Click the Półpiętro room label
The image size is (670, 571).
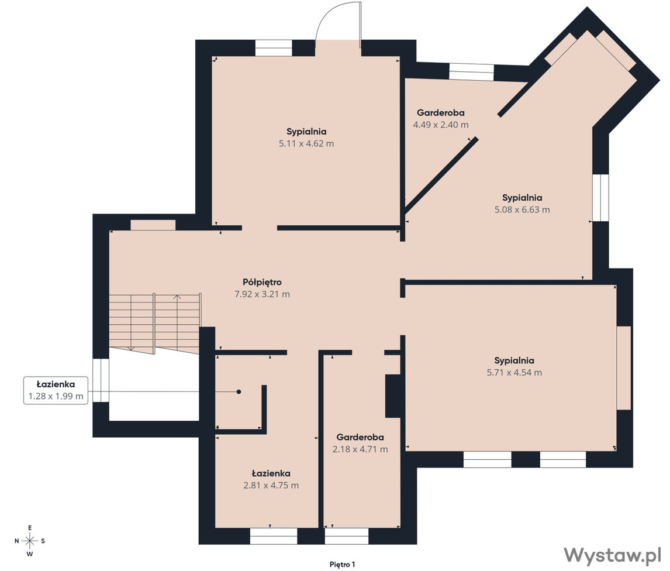[262, 283]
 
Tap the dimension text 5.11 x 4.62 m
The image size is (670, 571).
[306, 144]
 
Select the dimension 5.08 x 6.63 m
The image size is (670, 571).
[522, 209]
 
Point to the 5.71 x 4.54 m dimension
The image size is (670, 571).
[514, 373]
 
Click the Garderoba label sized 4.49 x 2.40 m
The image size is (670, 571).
[441, 113]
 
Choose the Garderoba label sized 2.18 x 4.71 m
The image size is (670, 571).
[360, 437]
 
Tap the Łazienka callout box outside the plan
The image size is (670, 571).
[56, 390]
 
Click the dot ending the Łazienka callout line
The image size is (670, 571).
[239, 392]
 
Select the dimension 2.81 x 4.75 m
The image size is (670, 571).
[271, 486]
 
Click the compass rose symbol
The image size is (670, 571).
[30, 541]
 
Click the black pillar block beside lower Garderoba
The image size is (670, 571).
[393, 396]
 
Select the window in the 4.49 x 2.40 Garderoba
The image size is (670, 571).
[471, 71]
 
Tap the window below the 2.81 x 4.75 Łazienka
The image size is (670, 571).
[274, 536]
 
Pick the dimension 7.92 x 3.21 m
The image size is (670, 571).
[263, 294]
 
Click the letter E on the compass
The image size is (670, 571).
[30, 528]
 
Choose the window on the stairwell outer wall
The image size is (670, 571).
[101, 380]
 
